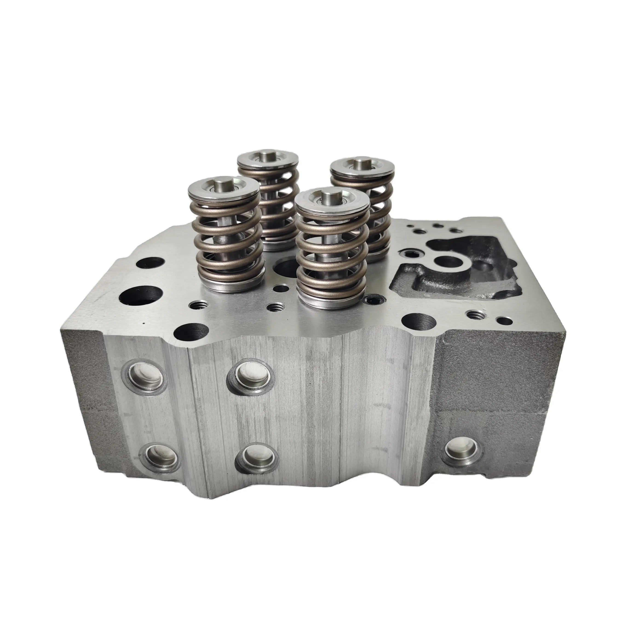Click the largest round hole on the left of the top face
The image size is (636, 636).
(x=141, y=292)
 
